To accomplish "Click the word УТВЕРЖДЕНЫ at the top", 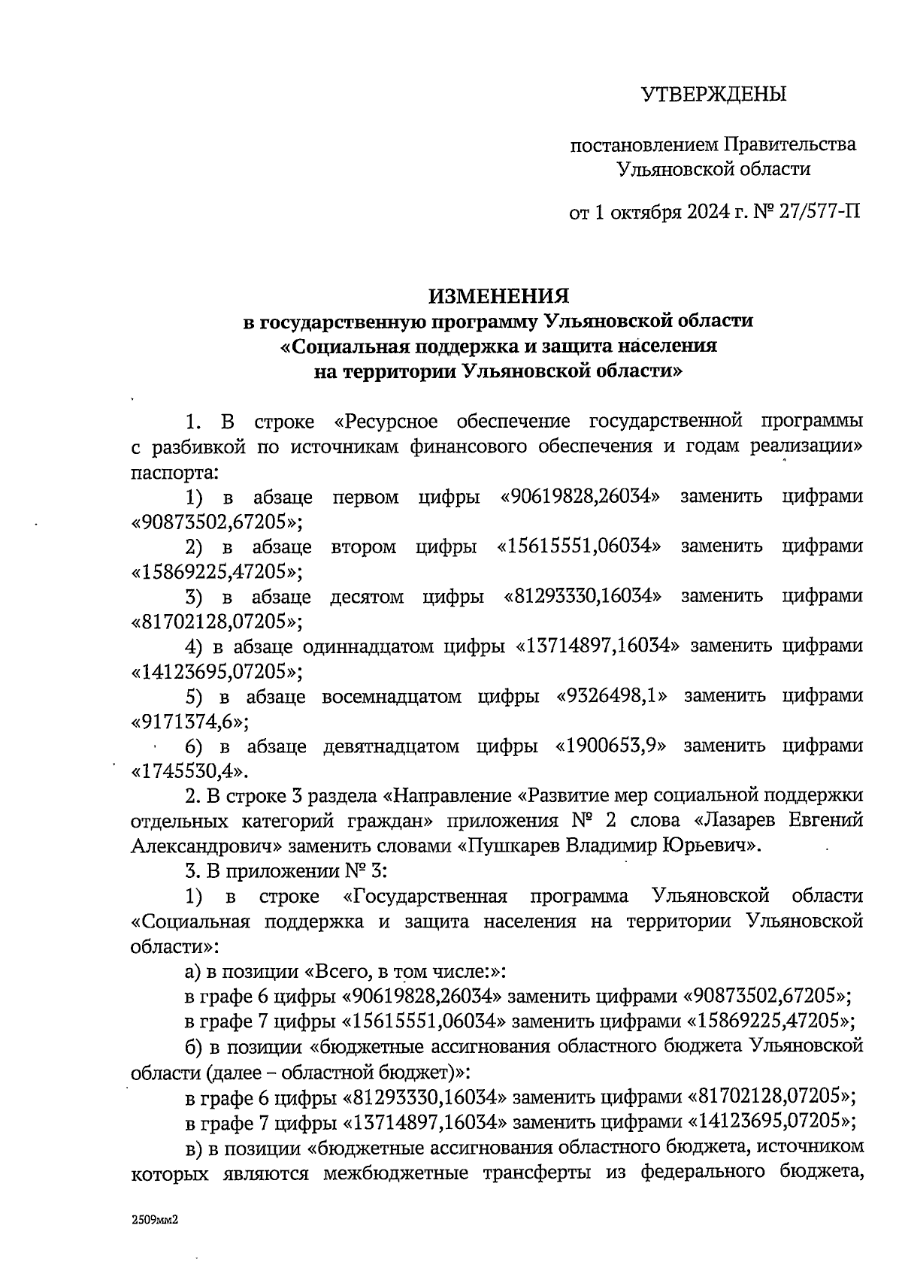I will [713, 95].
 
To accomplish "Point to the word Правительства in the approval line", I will [790, 144].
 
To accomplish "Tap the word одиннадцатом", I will [366, 646].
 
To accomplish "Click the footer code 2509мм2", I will [154, 1222].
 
